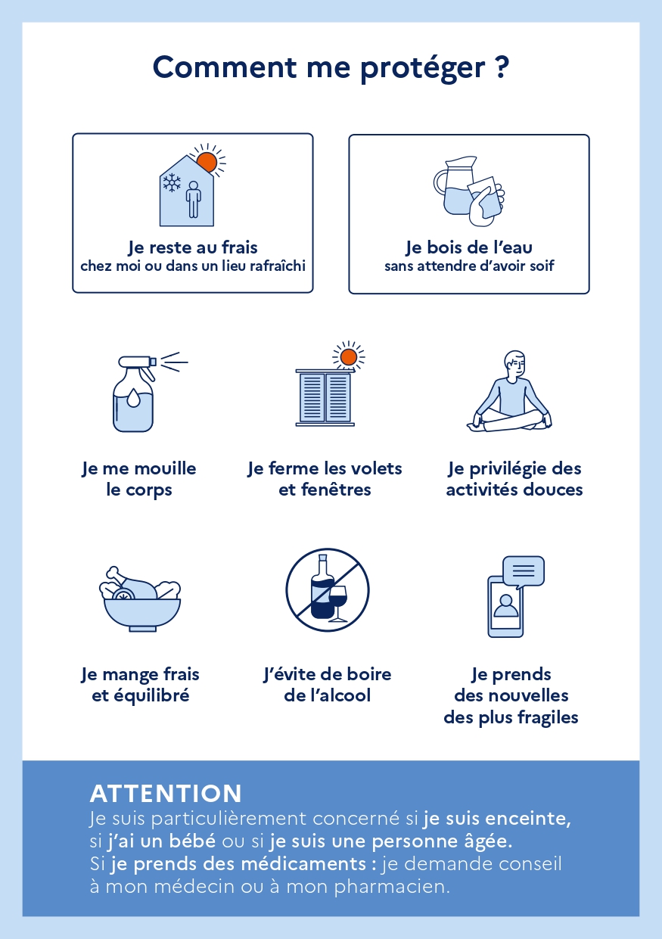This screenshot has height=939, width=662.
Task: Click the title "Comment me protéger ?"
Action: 331,67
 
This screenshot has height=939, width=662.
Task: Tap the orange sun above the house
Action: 207,162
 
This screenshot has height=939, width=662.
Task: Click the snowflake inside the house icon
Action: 172,182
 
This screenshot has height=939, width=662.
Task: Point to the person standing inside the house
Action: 194,199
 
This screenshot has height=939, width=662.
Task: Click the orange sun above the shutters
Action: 348,356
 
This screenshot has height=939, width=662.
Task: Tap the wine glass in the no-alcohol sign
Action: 338,602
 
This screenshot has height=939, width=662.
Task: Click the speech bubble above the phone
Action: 524,571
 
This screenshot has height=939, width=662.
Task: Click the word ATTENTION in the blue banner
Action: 166,794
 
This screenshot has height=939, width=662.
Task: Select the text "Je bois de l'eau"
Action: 469,247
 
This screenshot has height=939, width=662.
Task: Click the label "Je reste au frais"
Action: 192,247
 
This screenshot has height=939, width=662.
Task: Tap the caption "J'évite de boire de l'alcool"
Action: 328,685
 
